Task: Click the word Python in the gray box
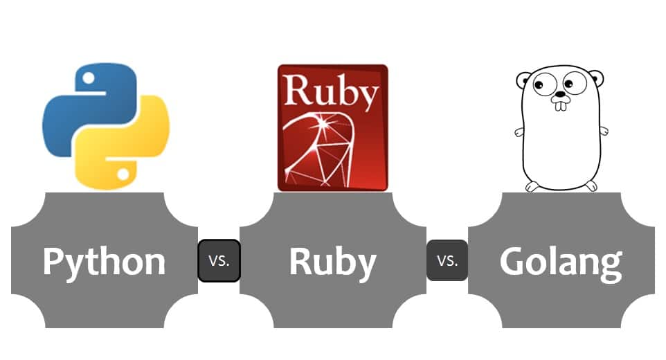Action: tap(104, 262)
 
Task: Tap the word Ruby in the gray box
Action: tap(332, 262)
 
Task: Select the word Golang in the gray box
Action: tap(561, 262)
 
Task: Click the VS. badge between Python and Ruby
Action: tap(219, 261)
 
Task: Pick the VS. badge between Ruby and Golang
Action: tap(447, 261)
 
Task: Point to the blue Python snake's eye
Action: tap(87, 75)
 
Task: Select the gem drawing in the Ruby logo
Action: tap(325, 149)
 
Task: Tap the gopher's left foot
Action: tap(532, 186)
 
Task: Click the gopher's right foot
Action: tap(590, 185)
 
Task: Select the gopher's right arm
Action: tap(603, 130)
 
